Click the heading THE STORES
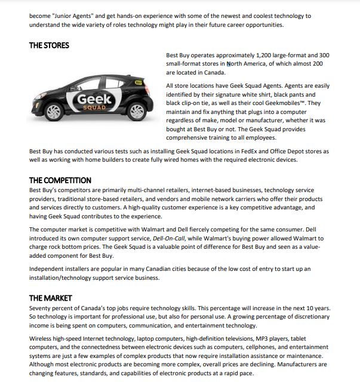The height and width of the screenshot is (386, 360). [49, 45]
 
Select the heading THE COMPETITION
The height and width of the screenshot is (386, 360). [60, 180]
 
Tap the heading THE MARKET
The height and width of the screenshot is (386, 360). [50, 298]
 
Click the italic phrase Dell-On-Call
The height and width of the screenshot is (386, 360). [170, 239]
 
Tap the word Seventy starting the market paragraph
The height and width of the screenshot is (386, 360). [41, 308]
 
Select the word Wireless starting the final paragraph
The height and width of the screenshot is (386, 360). [42, 338]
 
